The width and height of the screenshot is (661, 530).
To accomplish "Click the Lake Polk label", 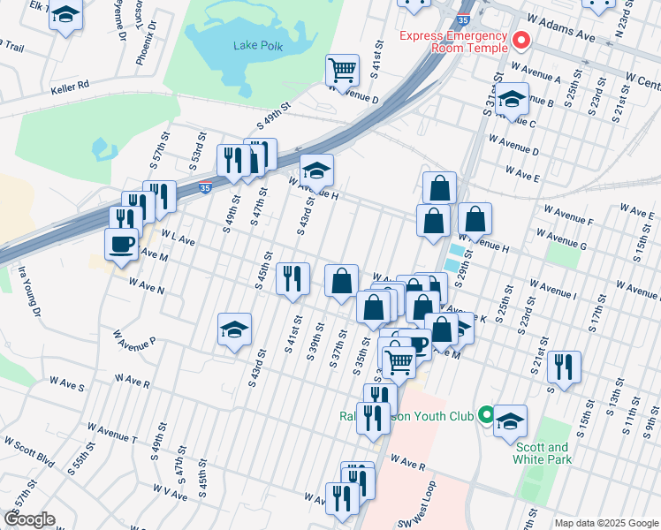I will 258,45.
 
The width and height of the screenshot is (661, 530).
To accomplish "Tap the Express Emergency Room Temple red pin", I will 521,40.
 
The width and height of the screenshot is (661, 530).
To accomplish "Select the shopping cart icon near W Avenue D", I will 342,70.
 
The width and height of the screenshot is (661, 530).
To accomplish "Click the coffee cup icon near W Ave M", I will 121,244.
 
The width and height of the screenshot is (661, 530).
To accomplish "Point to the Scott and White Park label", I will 542,453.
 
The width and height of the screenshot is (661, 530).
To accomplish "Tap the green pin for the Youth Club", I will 485,414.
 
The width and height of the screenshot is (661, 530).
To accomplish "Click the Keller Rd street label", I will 71,87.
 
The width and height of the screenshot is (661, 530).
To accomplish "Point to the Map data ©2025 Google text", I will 606,523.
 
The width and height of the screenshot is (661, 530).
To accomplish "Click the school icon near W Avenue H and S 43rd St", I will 316,170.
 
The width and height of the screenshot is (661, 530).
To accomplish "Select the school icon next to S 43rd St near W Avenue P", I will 234,329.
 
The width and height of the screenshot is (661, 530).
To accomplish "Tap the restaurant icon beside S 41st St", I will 293,278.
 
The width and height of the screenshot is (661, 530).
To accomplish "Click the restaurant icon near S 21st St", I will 564,366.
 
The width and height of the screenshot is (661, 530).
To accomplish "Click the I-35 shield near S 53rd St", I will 205,187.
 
